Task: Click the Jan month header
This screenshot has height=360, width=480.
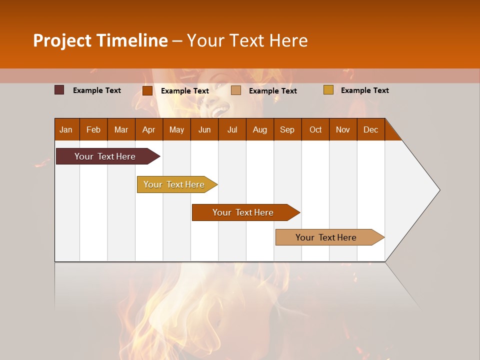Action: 66,129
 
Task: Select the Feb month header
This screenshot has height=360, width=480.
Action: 93,129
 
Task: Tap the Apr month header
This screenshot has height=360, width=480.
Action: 148,129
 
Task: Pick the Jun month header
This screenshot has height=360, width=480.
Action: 204,129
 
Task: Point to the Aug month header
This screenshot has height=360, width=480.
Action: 259,129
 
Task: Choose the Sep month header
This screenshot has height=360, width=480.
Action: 287,129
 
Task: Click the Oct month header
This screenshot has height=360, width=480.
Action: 315,129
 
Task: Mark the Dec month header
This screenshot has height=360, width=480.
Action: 370,129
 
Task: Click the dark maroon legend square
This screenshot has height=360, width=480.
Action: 59,90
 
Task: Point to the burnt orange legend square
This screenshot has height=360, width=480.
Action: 147,90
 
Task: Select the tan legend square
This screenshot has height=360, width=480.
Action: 236,90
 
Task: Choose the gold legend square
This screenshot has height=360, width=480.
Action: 328,90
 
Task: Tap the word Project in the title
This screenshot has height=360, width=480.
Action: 62,40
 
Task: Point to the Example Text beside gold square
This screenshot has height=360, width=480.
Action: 364,90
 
